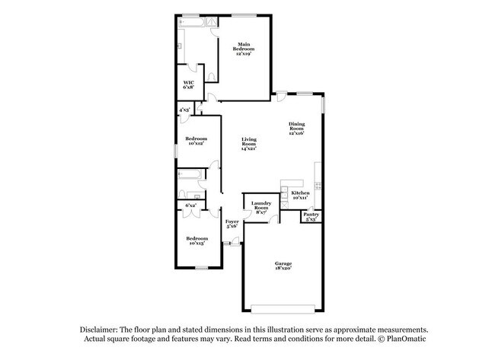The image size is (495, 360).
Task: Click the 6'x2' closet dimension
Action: (x=190, y=205)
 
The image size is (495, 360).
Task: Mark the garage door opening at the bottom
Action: (x=283, y=308)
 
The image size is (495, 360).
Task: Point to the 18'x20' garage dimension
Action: (x=283, y=269)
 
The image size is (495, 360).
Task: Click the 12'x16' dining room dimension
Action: (x=296, y=133)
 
